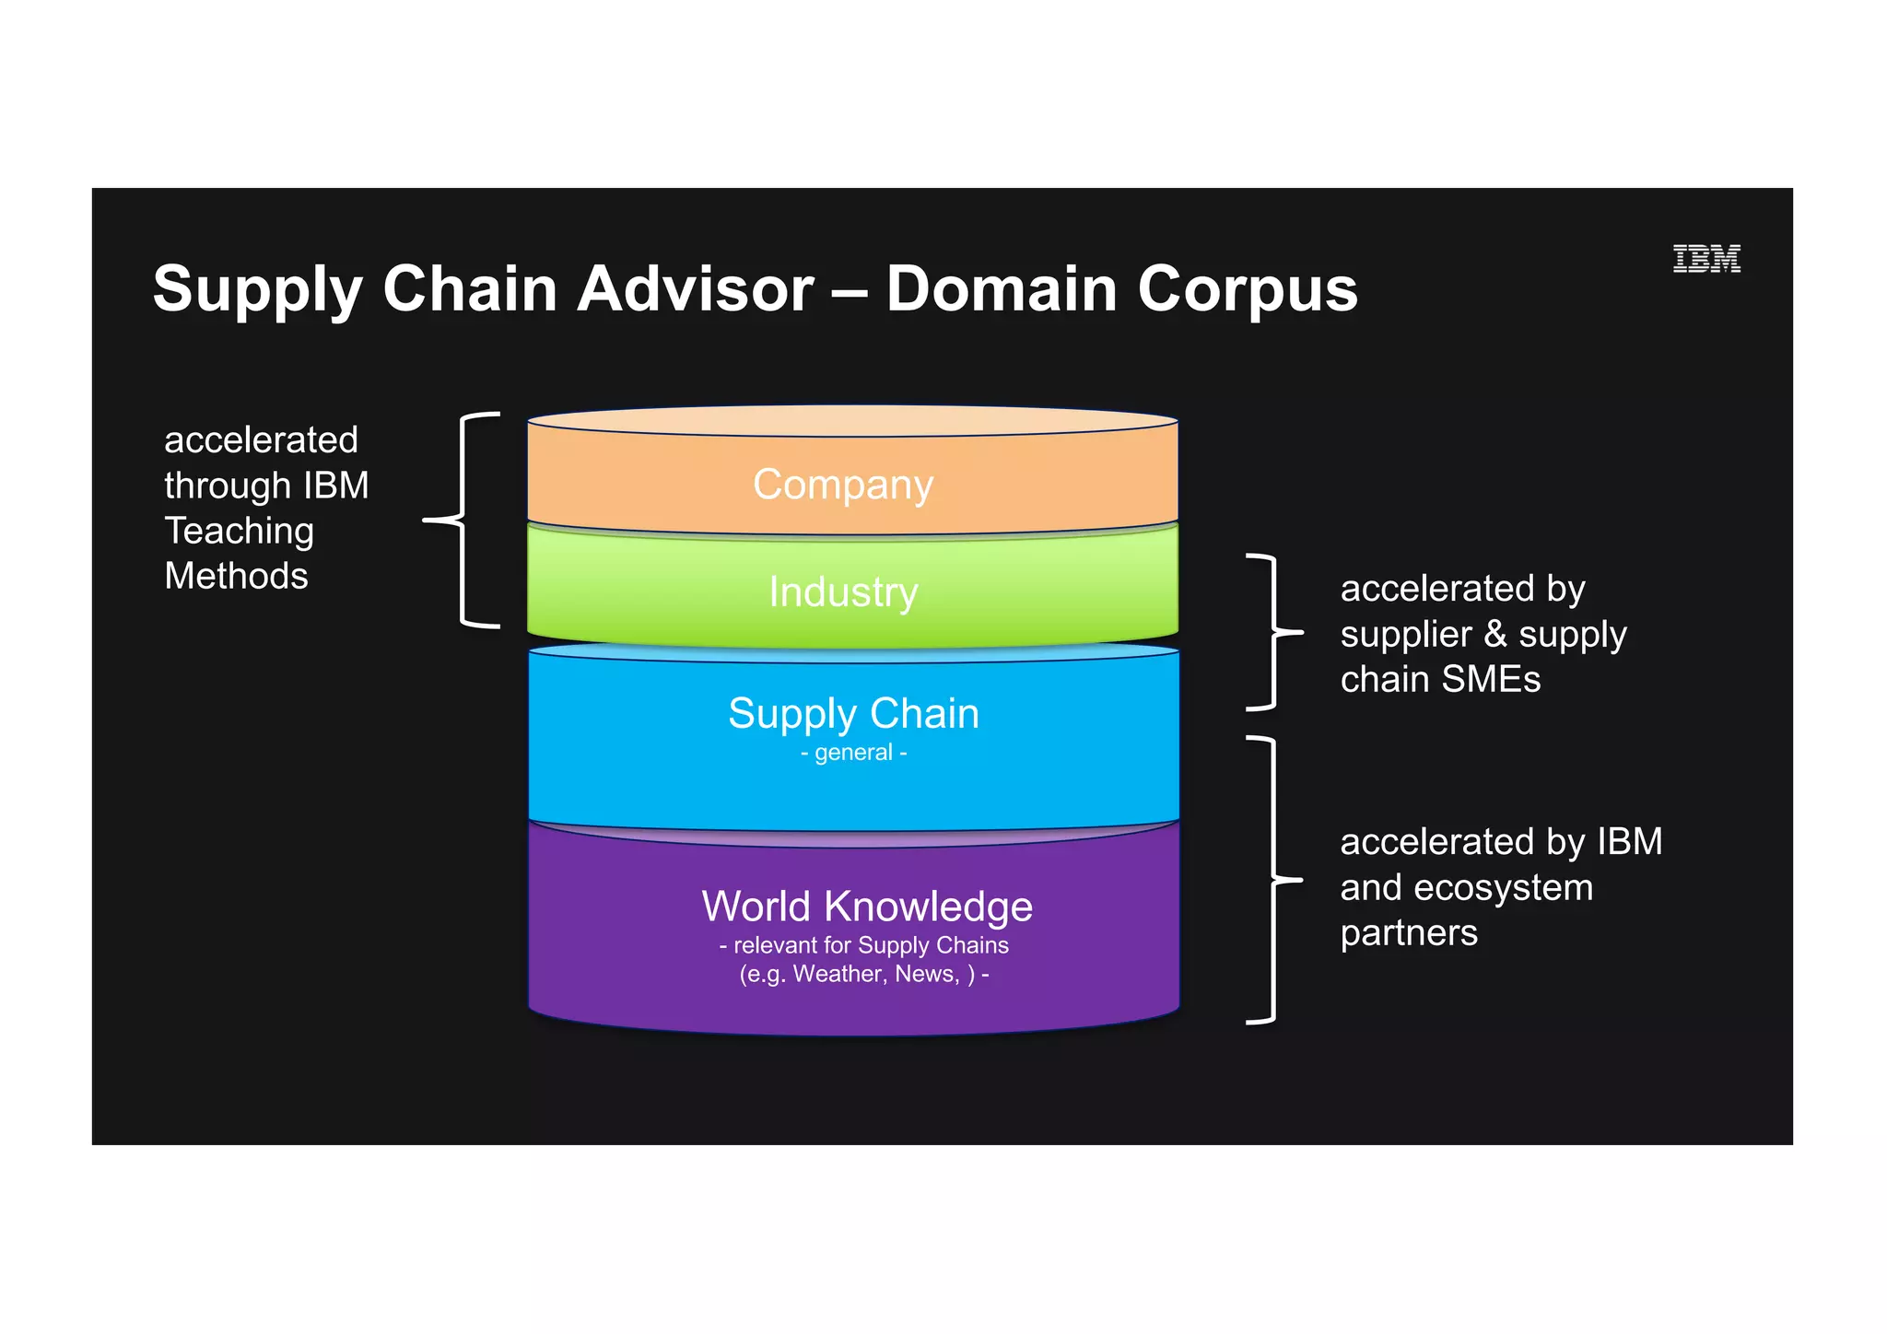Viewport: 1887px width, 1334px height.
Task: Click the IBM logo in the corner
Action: (1705, 259)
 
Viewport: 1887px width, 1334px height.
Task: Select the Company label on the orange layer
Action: (842, 485)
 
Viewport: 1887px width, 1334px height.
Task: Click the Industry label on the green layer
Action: (843, 591)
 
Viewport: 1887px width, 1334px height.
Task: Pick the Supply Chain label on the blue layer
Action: (853, 713)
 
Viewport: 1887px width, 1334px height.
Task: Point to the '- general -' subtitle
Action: (853, 753)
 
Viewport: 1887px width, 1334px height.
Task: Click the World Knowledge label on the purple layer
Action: (866, 907)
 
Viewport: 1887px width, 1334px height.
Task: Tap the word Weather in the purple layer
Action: (834, 974)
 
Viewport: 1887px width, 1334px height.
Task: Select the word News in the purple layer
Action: (926, 974)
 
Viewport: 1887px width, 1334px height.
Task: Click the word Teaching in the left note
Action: (239, 532)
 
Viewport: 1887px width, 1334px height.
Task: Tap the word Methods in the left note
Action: (236, 577)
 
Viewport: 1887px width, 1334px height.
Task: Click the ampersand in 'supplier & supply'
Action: (1494, 634)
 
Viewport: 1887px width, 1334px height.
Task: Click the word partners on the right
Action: (1408, 934)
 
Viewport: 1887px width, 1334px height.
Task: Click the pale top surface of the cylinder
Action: (852, 421)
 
